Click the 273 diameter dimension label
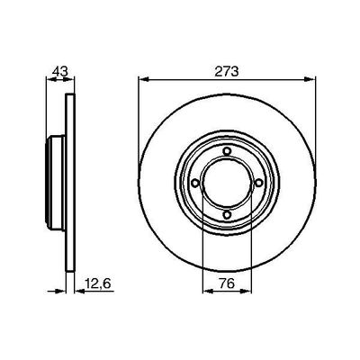pyautogui.click(x=227, y=71)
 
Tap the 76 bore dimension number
pyautogui.click(x=227, y=288)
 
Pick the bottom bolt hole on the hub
pyautogui.click(x=227, y=214)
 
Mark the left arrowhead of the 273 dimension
pyautogui.click(x=142, y=81)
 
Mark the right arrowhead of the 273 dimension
pyautogui.click(x=311, y=81)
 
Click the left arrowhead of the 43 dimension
pyautogui.click(x=49, y=81)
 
